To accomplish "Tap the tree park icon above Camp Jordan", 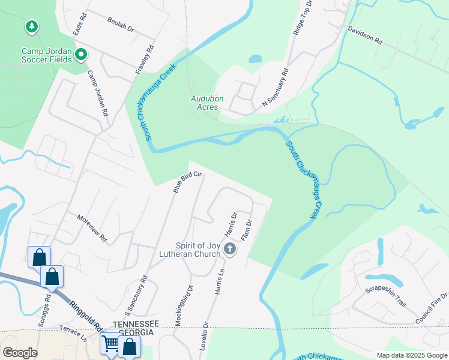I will [31, 27].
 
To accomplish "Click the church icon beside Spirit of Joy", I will [229, 249].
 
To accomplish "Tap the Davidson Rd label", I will [365, 35].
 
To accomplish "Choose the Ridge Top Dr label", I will [303, 19].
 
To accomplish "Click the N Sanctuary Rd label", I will [275, 89].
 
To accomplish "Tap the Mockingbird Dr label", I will [184, 305].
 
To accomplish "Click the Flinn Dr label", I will [246, 230].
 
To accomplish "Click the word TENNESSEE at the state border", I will [136, 323].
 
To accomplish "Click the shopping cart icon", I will [110, 344].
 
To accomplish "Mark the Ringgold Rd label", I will [83, 314].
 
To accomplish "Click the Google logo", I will [20, 353].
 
